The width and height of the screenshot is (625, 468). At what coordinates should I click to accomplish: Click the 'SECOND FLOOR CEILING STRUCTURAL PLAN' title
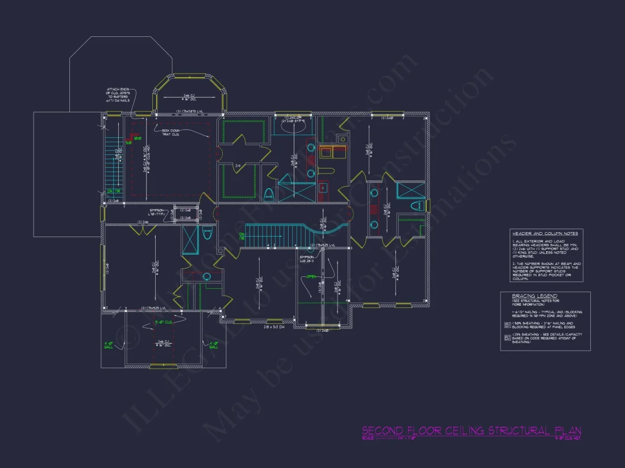(471, 431)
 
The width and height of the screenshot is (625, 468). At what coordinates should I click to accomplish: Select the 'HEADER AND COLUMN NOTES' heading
(545, 233)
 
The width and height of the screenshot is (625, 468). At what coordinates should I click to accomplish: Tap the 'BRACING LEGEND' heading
(535, 296)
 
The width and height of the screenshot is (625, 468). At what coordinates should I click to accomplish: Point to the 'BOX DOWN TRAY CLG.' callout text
(170, 132)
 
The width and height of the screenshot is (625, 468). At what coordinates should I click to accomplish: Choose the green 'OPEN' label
(311, 277)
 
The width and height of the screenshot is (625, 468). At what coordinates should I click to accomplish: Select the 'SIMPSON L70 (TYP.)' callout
(157, 212)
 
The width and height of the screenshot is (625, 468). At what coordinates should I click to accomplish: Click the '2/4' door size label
(238, 166)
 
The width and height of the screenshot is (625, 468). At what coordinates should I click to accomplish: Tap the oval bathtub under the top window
(294, 127)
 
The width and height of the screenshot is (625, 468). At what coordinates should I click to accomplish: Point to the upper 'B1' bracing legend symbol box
(507, 325)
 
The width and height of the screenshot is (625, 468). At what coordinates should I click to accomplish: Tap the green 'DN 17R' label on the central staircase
(242, 235)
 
